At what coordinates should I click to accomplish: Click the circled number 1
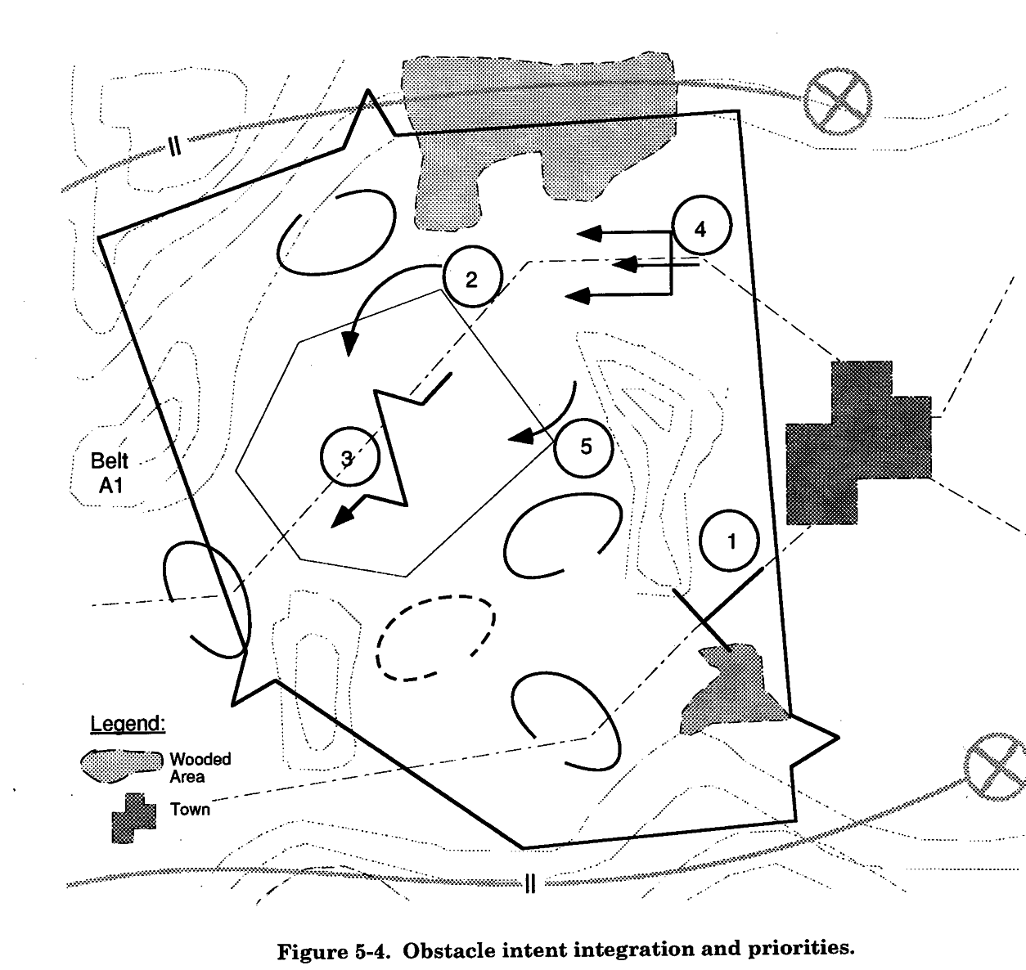731,541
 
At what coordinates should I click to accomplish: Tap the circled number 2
471,280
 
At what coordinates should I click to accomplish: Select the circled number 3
349,458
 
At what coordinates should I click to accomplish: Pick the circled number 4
700,228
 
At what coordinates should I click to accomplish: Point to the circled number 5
584,447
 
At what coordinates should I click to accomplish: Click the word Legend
128,724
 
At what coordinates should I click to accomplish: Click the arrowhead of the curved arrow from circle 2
349,347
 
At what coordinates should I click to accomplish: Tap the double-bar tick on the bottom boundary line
529,882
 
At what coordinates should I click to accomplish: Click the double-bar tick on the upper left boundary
174,146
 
